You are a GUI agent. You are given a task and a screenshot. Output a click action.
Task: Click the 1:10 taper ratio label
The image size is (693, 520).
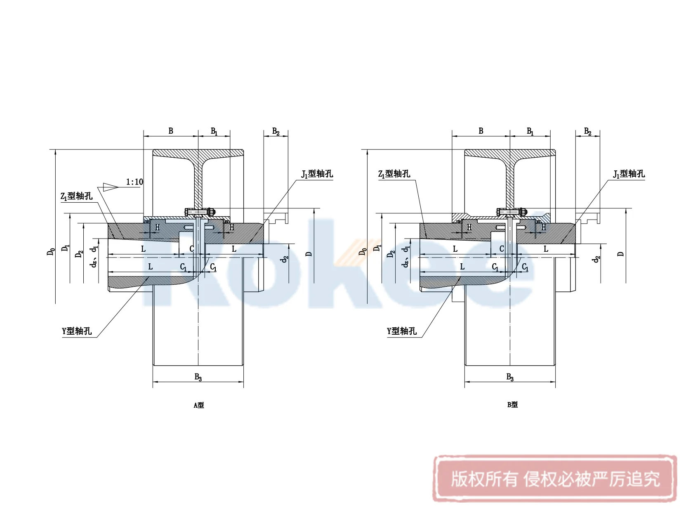tap(134, 182)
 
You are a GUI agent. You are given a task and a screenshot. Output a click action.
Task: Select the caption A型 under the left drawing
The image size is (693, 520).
tap(199, 405)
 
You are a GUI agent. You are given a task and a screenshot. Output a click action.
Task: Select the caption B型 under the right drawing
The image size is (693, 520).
tap(512, 405)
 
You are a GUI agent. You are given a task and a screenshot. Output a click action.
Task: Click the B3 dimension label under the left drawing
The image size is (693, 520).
tap(198, 377)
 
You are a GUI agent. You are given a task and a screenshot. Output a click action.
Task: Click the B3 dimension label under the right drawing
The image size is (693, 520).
tap(510, 377)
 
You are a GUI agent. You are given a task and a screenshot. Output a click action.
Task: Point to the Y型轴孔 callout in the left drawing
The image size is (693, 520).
tap(77, 331)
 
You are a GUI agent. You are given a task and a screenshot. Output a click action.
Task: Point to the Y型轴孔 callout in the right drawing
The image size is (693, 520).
tap(401, 331)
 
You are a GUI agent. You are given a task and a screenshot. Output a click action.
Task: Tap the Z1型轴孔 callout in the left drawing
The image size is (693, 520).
tap(77, 196)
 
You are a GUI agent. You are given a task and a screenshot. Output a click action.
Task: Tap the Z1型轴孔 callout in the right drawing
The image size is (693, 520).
tap(394, 174)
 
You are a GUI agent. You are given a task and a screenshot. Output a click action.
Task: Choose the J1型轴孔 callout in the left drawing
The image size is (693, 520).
tap(317, 174)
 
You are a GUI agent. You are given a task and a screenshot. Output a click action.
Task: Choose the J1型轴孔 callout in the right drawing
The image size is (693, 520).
tap(629, 174)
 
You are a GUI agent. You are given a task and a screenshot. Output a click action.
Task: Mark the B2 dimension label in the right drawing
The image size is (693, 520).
tap(587, 132)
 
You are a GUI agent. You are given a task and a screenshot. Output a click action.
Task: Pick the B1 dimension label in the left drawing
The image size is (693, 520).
tap(214, 131)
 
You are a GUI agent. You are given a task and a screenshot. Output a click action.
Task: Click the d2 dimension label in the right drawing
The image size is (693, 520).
tap(596, 259)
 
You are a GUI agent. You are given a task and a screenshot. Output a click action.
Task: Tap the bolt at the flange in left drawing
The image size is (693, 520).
tap(200, 212)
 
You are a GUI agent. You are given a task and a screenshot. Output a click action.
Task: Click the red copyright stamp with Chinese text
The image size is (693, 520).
tap(555, 479)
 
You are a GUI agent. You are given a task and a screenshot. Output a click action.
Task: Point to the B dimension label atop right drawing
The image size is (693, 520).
tap(481, 131)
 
